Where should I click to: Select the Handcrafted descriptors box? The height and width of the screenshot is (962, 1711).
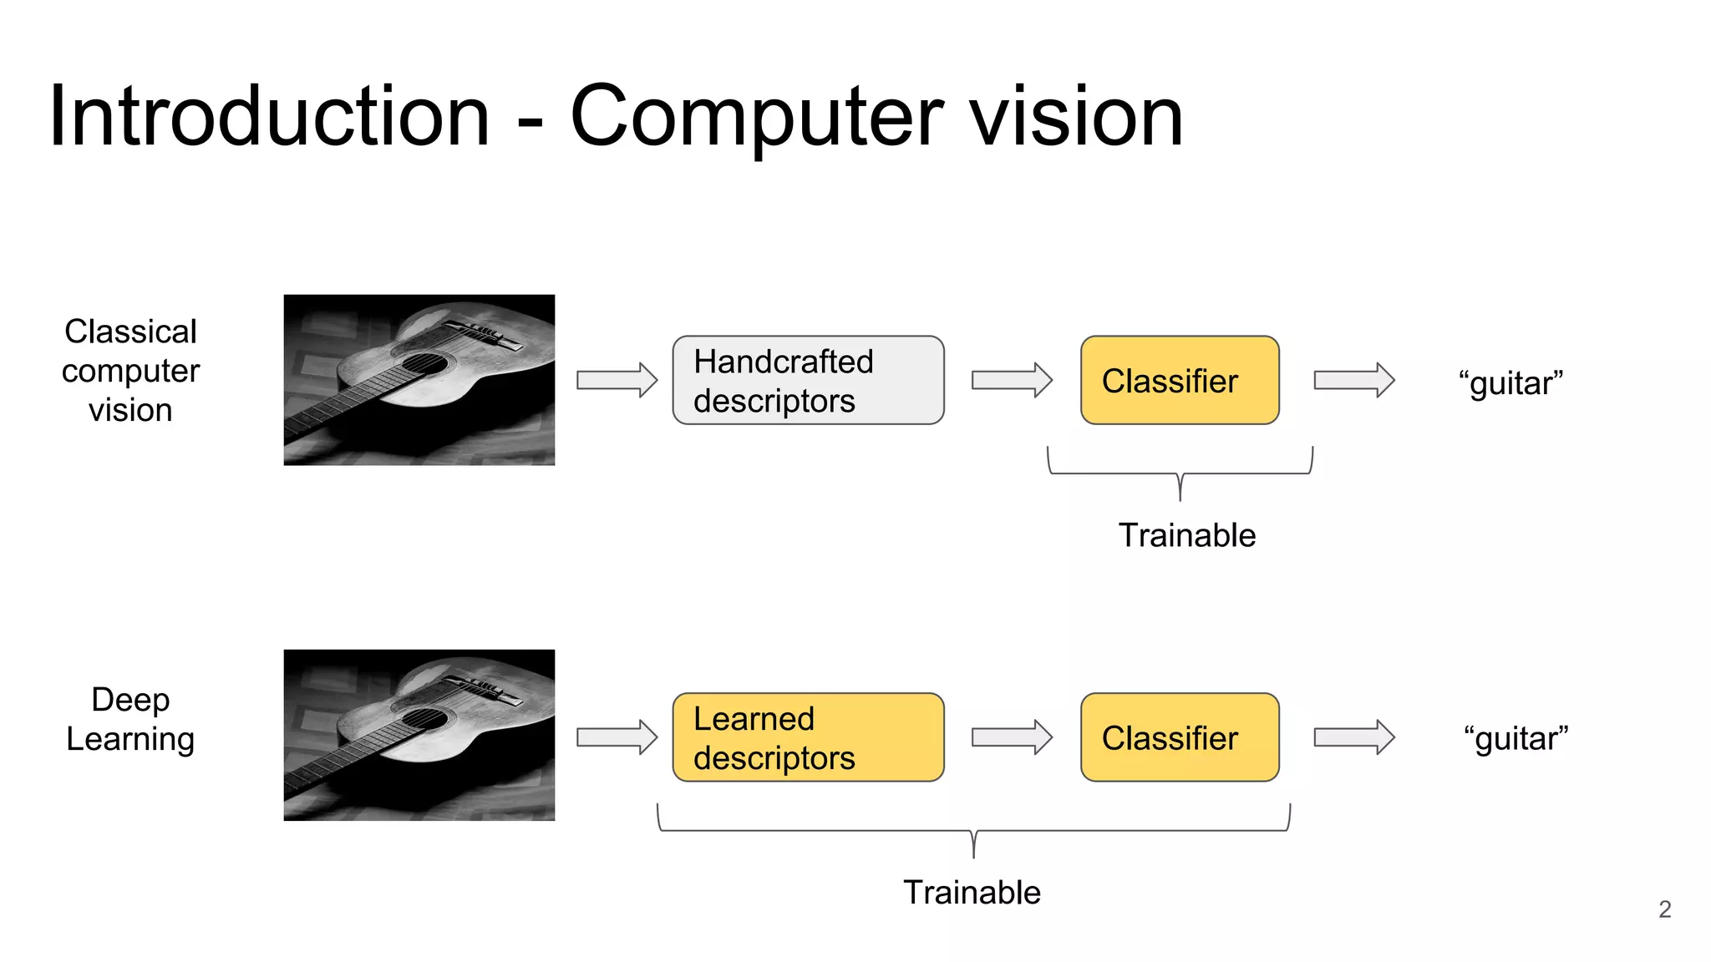click(x=808, y=380)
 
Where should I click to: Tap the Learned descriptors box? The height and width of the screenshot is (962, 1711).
click(x=808, y=737)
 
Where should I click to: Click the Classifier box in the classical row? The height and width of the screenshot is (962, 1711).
click(x=1179, y=380)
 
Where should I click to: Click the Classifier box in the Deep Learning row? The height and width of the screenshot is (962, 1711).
click(x=1179, y=737)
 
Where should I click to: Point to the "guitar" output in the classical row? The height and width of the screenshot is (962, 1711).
click(x=1510, y=382)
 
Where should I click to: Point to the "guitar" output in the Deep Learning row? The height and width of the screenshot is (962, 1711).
click(x=1515, y=738)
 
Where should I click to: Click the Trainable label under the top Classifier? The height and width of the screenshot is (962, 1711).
click(x=1186, y=535)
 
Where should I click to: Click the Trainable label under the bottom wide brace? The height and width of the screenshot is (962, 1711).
click(x=972, y=892)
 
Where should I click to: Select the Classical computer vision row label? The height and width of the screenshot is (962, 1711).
click(x=130, y=370)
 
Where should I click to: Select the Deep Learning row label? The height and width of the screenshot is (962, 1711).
click(x=130, y=719)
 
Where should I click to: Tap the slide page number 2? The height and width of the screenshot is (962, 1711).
click(x=1664, y=909)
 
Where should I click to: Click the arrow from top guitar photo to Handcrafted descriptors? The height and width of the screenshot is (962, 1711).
click(x=617, y=380)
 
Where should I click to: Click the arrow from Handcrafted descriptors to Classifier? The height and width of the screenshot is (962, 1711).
click(x=1011, y=380)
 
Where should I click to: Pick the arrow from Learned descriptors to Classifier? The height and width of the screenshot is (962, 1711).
click(x=1011, y=737)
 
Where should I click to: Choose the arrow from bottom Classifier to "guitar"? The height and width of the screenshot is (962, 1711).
click(x=1353, y=737)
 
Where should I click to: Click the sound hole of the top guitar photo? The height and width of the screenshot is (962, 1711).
click(x=424, y=364)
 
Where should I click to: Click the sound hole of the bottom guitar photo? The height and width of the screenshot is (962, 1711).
click(x=424, y=719)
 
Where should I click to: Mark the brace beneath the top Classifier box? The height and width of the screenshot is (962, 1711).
click(x=1180, y=473)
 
